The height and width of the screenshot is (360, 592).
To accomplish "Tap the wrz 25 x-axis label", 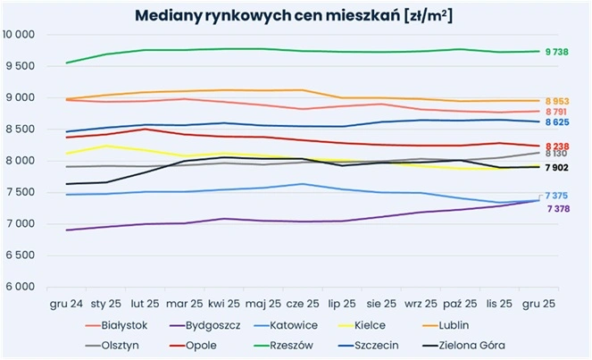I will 421,305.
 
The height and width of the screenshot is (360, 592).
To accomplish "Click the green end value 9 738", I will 558,53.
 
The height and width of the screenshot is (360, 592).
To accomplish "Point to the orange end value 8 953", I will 558,102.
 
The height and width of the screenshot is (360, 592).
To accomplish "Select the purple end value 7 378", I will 558,209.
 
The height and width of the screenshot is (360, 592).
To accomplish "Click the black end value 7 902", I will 558,168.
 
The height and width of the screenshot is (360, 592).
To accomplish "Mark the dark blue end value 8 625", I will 558,121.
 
